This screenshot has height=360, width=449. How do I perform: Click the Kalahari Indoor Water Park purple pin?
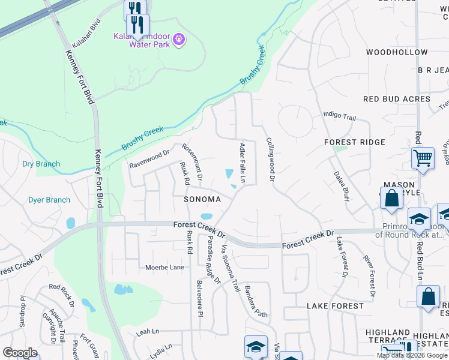tap(178, 40)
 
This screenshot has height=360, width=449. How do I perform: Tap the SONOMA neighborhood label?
tap(202, 199)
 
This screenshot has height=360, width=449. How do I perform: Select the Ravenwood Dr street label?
tap(149, 159)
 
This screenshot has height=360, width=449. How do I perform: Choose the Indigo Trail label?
tap(340, 114)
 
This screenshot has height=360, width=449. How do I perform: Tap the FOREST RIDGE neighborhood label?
tap(354, 142)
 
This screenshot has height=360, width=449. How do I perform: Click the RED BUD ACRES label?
tap(397, 99)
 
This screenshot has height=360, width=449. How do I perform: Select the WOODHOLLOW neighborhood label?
tap(396, 53)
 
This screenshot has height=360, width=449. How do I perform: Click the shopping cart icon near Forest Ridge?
tap(423, 158)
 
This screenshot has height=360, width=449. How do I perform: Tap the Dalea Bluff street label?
tap(341, 186)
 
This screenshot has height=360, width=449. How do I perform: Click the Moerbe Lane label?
tap(164, 267)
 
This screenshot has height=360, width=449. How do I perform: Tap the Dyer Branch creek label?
tap(49, 200)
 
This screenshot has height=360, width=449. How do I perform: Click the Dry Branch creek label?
tap(41, 164)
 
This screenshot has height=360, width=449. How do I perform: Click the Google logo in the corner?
tap(20, 353)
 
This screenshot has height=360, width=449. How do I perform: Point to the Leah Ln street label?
tap(147, 331)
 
